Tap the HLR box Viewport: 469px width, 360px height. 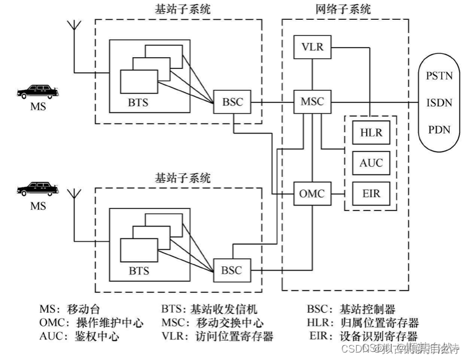click(371, 133)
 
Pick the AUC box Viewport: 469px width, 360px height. click(371, 163)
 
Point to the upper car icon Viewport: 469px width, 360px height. click(38, 92)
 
